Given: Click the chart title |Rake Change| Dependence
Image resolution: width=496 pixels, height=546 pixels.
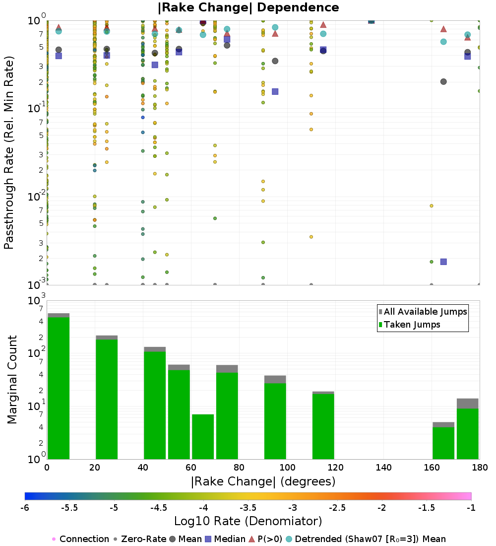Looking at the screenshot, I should click(x=248, y=7).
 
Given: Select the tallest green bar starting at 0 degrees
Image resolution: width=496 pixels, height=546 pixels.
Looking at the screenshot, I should click(x=58, y=387).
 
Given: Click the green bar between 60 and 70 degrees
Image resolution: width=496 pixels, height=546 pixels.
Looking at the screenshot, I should click(x=203, y=436).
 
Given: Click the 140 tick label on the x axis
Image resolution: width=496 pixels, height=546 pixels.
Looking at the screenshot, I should click(x=383, y=468).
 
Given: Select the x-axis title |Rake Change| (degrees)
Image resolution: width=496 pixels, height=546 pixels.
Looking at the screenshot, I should click(x=263, y=481).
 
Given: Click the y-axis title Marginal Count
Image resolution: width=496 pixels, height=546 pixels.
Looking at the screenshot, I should click(x=12, y=380).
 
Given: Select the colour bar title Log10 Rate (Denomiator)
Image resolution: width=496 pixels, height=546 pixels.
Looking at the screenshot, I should click(x=248, y=521).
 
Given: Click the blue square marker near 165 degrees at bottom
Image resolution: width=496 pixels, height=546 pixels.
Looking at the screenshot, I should click(x=443, y=262).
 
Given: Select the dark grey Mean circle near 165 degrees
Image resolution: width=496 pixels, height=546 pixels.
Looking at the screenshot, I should click(x=443, y=81).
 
